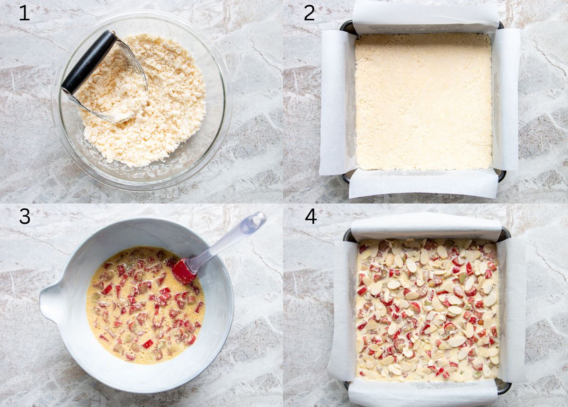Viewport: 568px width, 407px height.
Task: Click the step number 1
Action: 24,13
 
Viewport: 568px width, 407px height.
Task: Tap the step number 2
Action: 309,13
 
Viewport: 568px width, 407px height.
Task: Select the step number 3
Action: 25,216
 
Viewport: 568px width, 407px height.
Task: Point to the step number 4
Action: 311,216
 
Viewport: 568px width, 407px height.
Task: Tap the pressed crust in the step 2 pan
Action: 423,102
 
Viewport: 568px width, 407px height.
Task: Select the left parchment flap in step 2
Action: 337,102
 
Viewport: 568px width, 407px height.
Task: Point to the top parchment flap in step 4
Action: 425,226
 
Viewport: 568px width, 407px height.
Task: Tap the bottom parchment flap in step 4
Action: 423,393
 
